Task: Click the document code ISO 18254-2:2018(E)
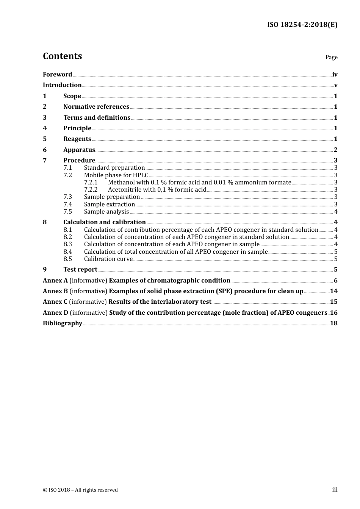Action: tap(302, 25)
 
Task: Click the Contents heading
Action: tap(62, 56)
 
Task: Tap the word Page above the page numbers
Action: tap(331, 57)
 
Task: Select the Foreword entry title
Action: tap(57, 75)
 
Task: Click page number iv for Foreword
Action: tap(335, 75)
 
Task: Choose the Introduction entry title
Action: tap(62, 85)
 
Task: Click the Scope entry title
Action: tap(72, 96)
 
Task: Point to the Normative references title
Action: tap(96, 107)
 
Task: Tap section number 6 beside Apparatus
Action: tap(45, 150)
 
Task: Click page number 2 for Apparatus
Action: tap(335, 150)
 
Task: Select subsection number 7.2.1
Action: tap(91, 183)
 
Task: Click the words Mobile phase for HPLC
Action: tap(116, 175)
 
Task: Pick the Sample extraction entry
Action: tap(109, 205)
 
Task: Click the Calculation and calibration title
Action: tap(104, 222)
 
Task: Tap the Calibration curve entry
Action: tap(108, 259)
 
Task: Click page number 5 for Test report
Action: tap(335, 270)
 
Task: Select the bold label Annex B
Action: tap(55, 291)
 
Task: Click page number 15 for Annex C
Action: tap(333, 302)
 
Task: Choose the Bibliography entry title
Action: tap(63, 323)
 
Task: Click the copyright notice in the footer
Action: tap(80, 490)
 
